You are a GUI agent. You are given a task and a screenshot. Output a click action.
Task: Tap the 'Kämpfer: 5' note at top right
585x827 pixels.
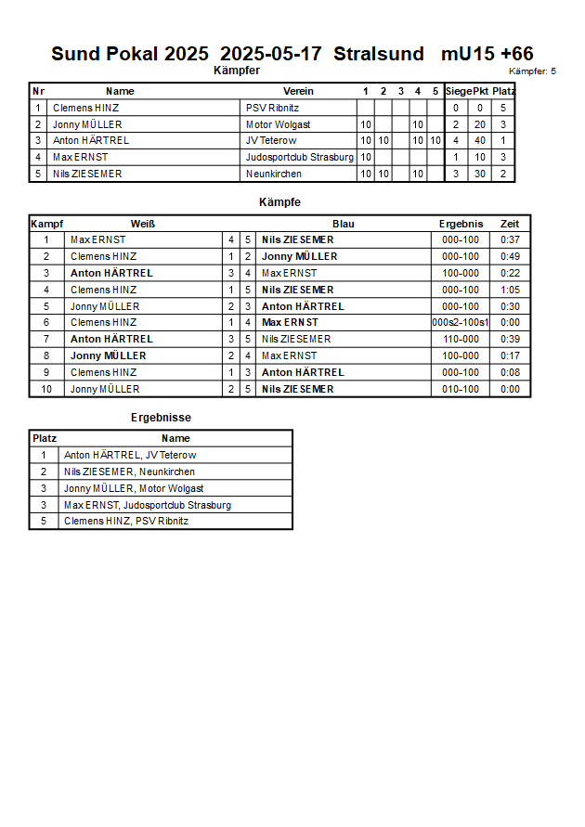[x=532, y=71]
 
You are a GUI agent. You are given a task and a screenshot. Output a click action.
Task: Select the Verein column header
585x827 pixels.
[x=298, y=91]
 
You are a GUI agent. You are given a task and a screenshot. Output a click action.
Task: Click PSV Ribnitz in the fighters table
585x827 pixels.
[x=272, y=108]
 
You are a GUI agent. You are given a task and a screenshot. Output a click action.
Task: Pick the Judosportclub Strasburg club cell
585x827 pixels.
[x=299, y=157]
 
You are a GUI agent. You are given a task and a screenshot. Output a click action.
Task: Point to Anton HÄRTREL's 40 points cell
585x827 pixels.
[x=480, y=140]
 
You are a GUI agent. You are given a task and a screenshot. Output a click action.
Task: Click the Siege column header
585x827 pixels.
[x=458, y=91]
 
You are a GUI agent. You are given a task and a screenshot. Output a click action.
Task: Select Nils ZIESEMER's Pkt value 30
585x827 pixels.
[x=480, y=174]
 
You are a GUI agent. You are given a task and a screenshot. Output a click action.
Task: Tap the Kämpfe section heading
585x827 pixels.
[x=279, y=201]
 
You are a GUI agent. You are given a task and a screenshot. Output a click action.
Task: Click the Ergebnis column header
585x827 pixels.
[x=461, y=224]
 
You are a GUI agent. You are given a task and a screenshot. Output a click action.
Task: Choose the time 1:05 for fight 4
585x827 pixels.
[x=510, y=290]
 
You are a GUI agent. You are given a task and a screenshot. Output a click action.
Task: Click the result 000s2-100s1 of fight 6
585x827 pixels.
[x=461, y=322]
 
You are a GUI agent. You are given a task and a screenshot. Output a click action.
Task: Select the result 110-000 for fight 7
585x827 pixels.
[x=461, y=339]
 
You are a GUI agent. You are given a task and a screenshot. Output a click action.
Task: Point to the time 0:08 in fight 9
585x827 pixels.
[x=510, y=372]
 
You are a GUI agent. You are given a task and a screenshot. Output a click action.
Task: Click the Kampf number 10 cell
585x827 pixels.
[x=45, y=389]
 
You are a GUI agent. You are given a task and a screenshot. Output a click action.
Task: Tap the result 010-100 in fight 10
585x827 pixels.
[x=461, y=389]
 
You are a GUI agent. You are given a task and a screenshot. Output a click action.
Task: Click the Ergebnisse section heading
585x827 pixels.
[x=161, y=418]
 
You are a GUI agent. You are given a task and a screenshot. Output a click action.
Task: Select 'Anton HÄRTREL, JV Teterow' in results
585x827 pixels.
[x=130, y=455]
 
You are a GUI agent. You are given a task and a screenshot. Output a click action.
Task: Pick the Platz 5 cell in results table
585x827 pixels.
[x=43, y=521]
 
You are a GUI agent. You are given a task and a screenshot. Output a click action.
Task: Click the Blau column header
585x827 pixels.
[x=344, y=224]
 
